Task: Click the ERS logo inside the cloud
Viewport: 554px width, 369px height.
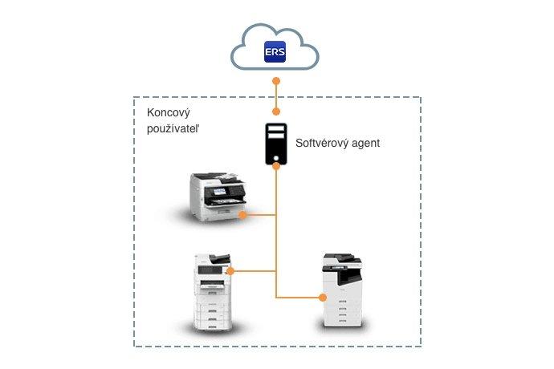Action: [x=275, y=53]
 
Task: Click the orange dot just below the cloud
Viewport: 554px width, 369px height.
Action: [x=275, y=81]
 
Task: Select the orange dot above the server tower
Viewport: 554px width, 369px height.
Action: [x=275, y=112]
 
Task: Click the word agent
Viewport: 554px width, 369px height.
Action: [x=365, y=144]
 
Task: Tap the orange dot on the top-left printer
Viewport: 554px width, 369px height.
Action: [x=242, y=215]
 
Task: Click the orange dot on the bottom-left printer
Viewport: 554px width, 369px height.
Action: [x=230, y=271]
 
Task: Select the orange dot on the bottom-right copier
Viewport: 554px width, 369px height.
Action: [x=324, y=298]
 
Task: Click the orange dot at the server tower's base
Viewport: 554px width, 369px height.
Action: [x=275, y=166]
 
